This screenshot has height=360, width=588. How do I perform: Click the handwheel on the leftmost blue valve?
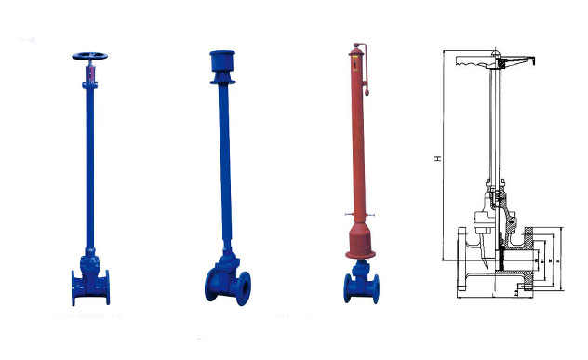coord(89,56)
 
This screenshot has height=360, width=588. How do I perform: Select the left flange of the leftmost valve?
coord(74,287)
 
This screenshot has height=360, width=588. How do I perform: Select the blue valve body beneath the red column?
coord(360,284)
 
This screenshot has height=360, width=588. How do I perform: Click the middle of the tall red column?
coord(357,140)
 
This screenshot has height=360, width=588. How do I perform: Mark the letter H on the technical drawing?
coord(437,159)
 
